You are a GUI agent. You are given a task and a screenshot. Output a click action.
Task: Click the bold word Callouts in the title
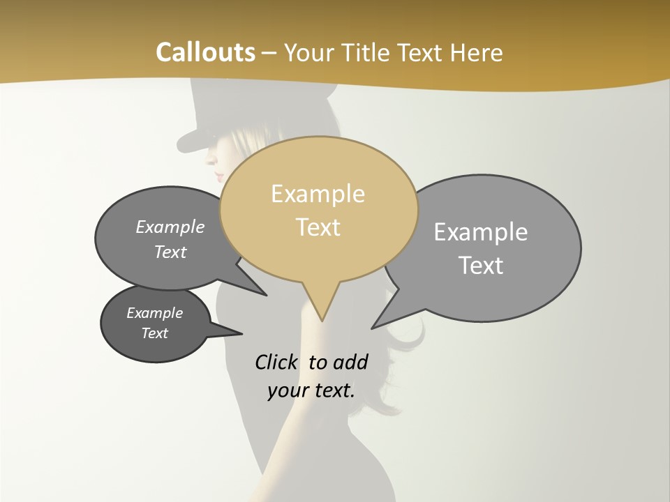205,52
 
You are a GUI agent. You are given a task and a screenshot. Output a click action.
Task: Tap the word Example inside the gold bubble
318,194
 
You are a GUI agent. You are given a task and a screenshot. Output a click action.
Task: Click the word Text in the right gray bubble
481,266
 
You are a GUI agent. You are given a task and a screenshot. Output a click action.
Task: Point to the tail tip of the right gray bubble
373,328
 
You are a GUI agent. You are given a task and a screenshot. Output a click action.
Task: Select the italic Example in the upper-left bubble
170,227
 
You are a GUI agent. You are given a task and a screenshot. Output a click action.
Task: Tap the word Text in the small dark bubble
154,333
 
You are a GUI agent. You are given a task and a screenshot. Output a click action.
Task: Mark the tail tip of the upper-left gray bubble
266,295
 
